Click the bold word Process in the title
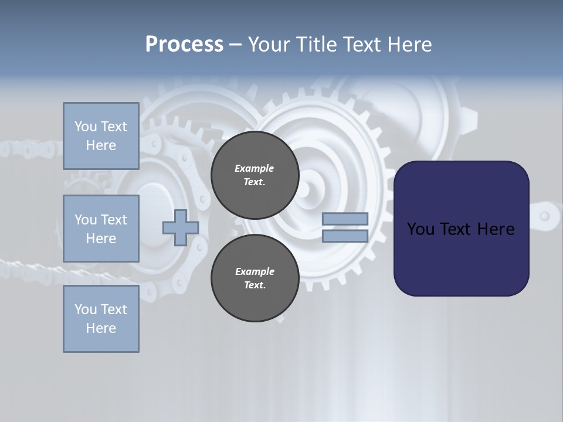click(x=184, y=45)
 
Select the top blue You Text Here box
click(x=101, y=136)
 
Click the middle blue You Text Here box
click(x=101, y=229)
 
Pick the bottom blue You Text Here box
click(x=101, y=319)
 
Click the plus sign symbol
click(x=180, y=227)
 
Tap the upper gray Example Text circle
click(x=255, y=175)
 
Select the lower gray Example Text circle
click(x=255, y=278)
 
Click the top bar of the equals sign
click(x=345, y=219)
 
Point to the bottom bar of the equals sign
click(x=345, y=236)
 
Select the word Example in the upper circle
click(x=255, y=168)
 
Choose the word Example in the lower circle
click(x=255, y=271)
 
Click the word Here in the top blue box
click(x=101, y=145)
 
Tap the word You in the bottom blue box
click(x=86, y=309)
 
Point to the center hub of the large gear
click(x=304, y=189)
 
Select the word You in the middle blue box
click(x=86, y=220)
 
